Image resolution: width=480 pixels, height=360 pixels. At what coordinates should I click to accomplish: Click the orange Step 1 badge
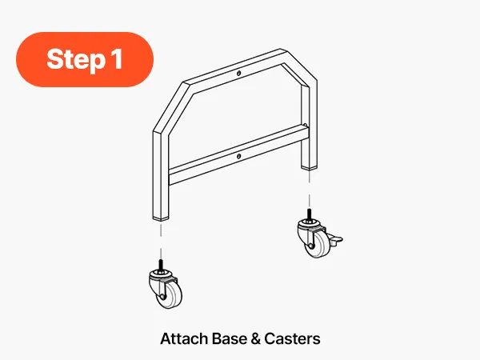(x=85, y=59)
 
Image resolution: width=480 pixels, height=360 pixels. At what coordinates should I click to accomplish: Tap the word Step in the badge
(x=76, y=60)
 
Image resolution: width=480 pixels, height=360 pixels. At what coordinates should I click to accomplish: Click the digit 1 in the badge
(x=118, y=58)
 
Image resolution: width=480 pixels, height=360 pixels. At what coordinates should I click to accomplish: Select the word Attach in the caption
(x=185, y=338)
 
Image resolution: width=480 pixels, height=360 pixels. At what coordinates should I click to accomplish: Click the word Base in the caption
(x=230, y=338)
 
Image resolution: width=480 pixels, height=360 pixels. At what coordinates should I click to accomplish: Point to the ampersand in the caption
(x=255, y=339)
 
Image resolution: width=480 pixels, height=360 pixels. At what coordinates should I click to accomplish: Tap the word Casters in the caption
(x=292, y=338)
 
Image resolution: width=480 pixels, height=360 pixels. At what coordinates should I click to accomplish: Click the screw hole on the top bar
(x=238, y=73)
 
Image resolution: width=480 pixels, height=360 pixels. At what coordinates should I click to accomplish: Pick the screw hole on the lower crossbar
(x=238, y=157)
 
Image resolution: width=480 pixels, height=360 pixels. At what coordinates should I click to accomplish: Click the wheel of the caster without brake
(x=170, y=294)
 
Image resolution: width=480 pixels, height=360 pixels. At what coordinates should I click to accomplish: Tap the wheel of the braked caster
(x=319, y=244)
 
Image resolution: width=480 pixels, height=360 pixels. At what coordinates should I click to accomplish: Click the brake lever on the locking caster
(x=335, y=239)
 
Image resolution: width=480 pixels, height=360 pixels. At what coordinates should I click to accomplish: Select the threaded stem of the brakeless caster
(x=161, y=265)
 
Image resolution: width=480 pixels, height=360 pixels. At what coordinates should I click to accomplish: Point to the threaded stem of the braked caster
(x=309, y=214)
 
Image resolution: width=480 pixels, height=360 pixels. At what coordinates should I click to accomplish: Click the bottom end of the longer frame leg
(x=161, y=218)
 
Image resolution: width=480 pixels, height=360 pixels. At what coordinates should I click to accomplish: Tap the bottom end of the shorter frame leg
(x=309, y=167)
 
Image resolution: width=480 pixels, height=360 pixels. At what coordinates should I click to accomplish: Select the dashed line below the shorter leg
(x=309, y=189)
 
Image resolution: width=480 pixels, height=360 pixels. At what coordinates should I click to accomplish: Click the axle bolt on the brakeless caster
(x=162, y=297)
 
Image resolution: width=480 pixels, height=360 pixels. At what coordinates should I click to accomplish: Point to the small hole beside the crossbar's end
(x=306, y=125)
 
